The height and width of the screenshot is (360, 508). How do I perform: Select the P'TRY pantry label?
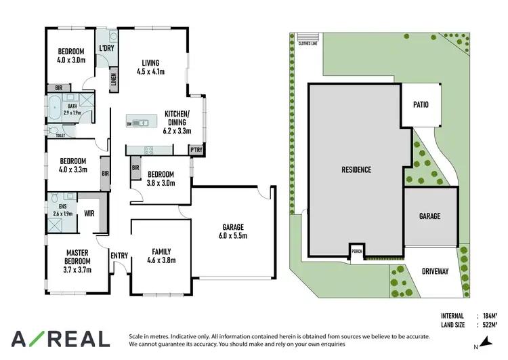(x=196, y=150)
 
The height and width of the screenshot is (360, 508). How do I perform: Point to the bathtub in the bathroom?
(x=54, y=107)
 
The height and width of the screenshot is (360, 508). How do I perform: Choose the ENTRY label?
(x=119, y=255)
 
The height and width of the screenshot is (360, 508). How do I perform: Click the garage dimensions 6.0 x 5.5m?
(x=233, y=237)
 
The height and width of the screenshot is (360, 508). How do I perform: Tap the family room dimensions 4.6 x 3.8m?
(x=161, y=260)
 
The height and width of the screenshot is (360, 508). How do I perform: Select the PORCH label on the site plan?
(x=357, y=252)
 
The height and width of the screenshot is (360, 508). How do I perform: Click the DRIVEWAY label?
(x=434, y=271)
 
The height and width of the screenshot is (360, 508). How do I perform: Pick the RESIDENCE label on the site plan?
(x=356, y=169)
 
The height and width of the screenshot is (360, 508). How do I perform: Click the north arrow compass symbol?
(x=482, y=345)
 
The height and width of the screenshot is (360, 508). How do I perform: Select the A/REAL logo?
(x=60, y=338)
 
